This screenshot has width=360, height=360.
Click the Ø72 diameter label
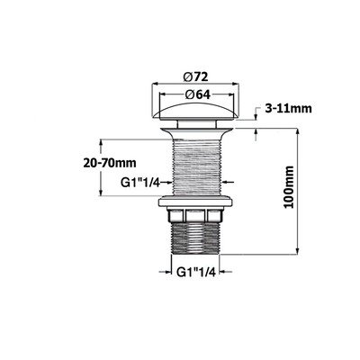[x=195, y=77]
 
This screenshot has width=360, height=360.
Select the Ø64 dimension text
[x=196, y=94]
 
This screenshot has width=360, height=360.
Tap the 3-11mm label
[x=288, y=108]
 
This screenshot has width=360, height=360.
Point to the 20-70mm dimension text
[x=110, y=164]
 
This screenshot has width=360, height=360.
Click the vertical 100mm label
[x=289, y=186]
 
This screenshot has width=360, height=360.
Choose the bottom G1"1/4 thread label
[x=196, y=272]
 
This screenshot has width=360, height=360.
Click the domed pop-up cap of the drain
[x=195, y=111]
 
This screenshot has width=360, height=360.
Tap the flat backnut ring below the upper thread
[x=195, y=202]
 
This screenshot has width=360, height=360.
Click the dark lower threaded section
[x=195, y=238]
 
